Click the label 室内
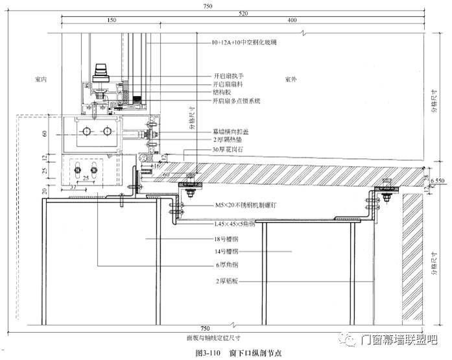[42, 78]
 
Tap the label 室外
[291, 79]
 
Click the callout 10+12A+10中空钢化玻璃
[244, 42]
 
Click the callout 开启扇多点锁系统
[237, 101]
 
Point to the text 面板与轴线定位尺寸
[215, 337]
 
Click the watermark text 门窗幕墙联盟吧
[399, 339]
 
